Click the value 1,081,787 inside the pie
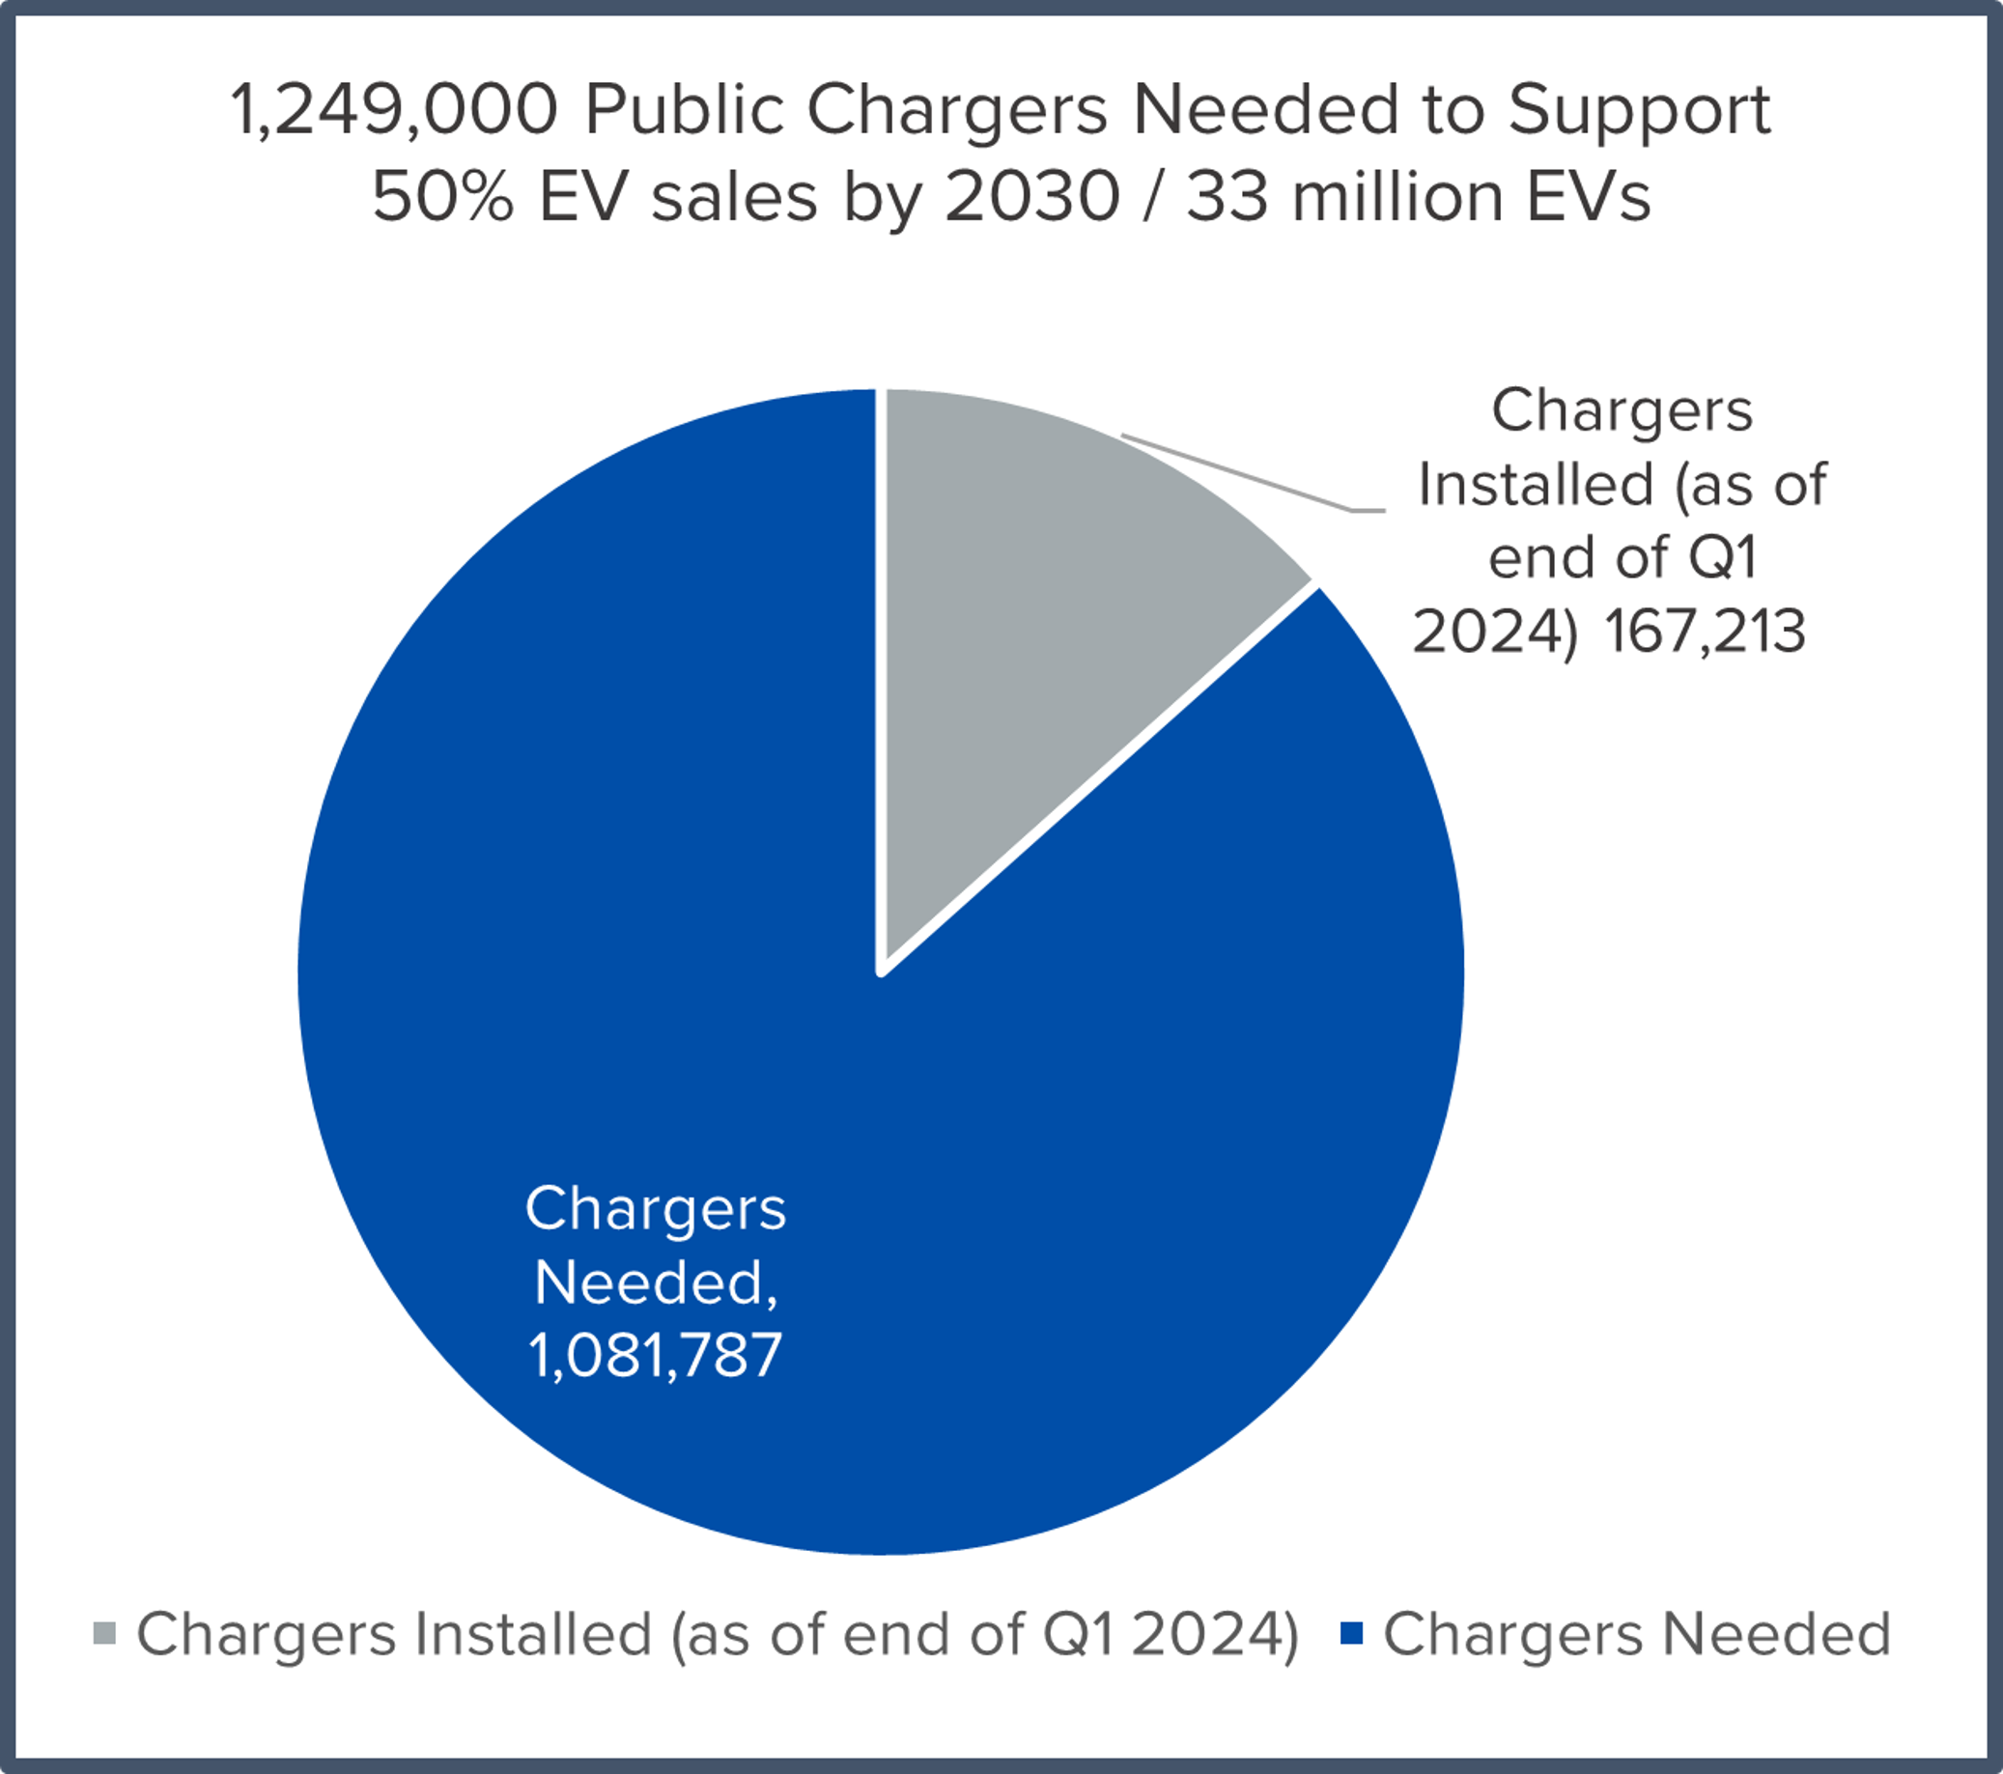pyautogui.click(x=655, y=1357)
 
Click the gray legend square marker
pyautogui.click(x=105, y=1633)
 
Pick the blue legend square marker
pyautogui.click(x=1351, y=1633)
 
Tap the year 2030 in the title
pyautogui.click(x=1031, y=196)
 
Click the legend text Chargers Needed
pyautogui.click(x=1637, y=1634)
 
